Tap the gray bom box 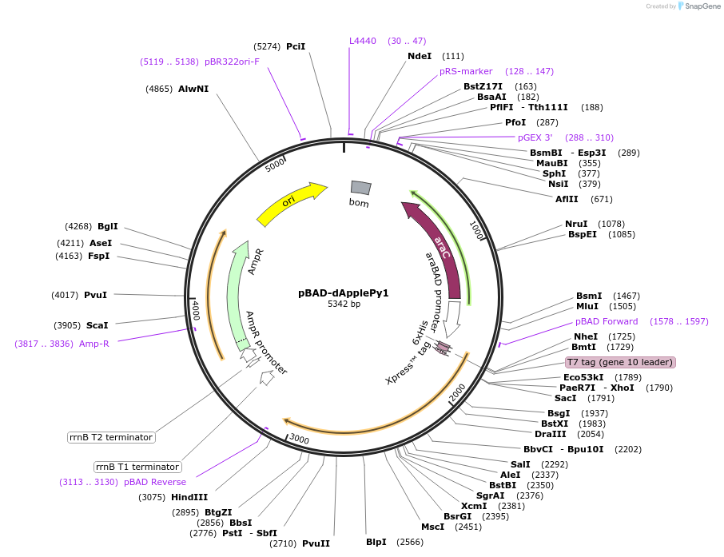pyautogui.click(x=360, y=187)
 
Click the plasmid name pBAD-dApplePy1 pyautogui.click(x=344, y=292)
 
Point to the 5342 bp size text pyautogui.click(x=344, y=304)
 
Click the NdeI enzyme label pyautogui.click(x=419, y=56)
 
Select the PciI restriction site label pyautogui.click(x=296, y=46)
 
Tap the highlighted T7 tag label pyautogui.click(x=620, y=362)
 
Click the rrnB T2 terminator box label pyautogui.click(x=111, y=437)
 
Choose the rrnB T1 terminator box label pyautogui.click(x=137, y=467)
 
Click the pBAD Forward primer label pyautogui.click(x=607, y=321)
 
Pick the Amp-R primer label pyautogui.click(x=93, y=344)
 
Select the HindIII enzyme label pyautogui.click(x=189, y=497)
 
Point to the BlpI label pyautogui.click(x=376, y=542)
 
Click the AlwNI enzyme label pyautogui.click(x=193, y=89)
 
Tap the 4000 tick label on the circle pyautogui.click(x=195, y=308)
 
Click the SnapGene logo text pyautogui.click(x=699, y=6)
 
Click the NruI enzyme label pyautogui.click(x=576, y=224)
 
